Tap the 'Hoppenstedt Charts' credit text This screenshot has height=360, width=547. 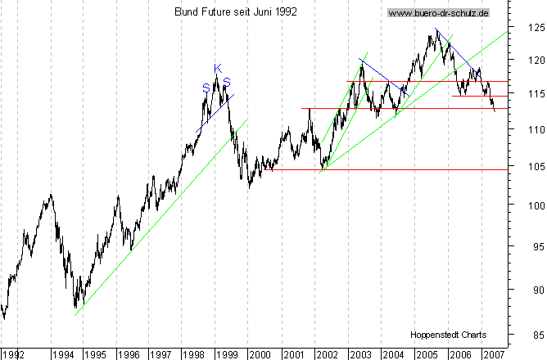[449, 335]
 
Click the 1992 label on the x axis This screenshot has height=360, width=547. [15, 353]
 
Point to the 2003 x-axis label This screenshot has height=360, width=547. [360, 353]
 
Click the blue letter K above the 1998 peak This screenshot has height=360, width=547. [217, 69]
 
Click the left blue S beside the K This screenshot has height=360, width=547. [206, 87]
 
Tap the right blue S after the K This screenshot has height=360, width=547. [227, 82]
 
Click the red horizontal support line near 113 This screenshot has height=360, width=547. [393, 108]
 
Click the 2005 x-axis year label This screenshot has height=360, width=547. [426, 353]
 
